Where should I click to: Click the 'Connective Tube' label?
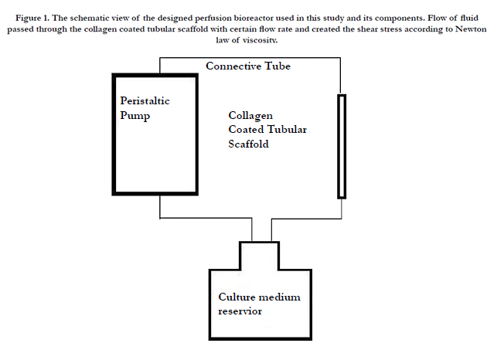(x=248, y=66)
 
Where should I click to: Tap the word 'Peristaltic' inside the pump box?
(x=145, y=100)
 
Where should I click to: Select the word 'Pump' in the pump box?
(x=135, y=116)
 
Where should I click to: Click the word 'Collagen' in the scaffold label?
(x=250, y=116)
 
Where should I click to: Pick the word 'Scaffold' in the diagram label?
(x=248, y=144)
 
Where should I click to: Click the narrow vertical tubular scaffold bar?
(x=342, y=147)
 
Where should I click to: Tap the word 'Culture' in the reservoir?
(x=237, y=297)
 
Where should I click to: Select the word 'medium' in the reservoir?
(x=280, y=297)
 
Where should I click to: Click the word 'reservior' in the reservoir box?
(x=240, y=311)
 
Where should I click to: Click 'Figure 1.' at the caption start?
(x=32, y=19)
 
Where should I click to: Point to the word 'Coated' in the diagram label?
(x=246, y=129)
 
